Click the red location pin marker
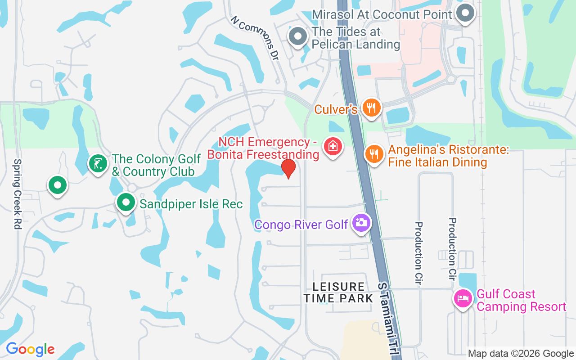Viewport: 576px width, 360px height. click(288, 169)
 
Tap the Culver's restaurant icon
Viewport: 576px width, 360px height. click(371, 108)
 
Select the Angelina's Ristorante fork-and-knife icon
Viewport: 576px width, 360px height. click(373, 154)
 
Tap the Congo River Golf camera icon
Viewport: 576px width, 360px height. click(361, 222)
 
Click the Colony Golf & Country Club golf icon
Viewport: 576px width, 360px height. click(98, 163)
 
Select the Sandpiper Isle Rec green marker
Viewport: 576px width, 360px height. click(126, 202)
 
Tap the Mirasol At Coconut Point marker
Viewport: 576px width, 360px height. click(465, 13)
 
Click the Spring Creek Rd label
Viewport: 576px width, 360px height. click(17, 194)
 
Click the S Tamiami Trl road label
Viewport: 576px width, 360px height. click(389, 319)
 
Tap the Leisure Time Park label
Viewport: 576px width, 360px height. click(338, 292)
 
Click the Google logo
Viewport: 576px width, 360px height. click(30, 349)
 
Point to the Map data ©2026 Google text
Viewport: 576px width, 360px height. click(521, 354)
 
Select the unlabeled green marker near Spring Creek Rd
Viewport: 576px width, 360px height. click(58, 185)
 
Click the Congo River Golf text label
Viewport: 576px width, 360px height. click(301, 224)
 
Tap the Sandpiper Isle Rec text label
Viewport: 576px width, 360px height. click(191, 204)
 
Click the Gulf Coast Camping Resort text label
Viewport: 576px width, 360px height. click(521, 301)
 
